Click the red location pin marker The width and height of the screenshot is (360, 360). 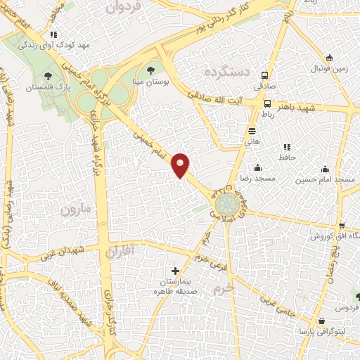(x=181, y=165)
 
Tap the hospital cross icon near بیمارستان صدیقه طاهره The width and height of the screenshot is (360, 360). (x=175, y=271)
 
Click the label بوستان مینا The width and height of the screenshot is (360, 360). (x=150, y=81)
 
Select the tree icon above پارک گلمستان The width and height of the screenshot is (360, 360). (x=48, y=75)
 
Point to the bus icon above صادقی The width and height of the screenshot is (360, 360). (x=265, y=75)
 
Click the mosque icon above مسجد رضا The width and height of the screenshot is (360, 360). (x=258, y=167)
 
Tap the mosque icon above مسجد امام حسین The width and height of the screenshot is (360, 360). (x=325, y=169)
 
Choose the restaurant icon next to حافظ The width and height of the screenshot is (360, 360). (x=286, y=147)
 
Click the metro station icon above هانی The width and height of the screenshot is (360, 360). (x=252, y=131)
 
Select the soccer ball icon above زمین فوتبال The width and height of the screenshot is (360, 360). (x=329, y=58)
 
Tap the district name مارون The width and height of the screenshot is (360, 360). (x=75, y=210)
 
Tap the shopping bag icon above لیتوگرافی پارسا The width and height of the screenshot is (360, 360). (x=322, y=320)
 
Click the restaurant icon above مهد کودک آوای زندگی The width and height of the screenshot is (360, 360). (x=53, y=34)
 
